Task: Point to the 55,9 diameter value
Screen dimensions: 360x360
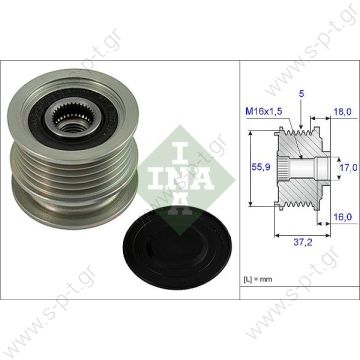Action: coord(259,172)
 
